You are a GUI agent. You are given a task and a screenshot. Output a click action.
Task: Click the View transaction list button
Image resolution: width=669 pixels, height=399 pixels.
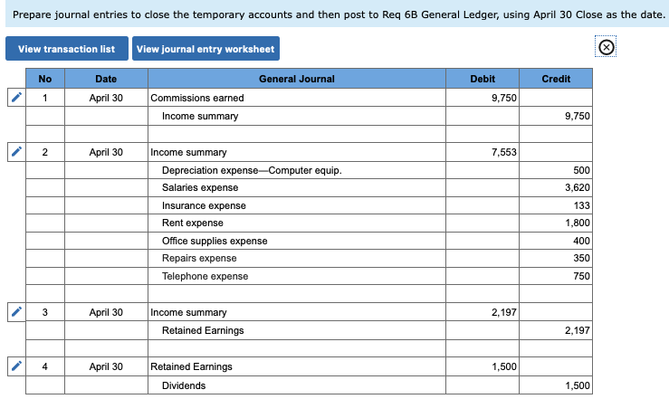click(67, 49)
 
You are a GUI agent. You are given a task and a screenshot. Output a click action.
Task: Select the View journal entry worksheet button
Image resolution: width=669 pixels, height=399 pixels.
click(205, 49)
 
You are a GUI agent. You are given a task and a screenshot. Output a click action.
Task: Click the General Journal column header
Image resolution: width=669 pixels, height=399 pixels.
click(296, 79)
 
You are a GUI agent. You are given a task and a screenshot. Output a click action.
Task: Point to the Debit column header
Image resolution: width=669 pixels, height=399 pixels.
click(483, 79)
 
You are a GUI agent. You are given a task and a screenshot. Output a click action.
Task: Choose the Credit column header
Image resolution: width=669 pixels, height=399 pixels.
click(556, 79)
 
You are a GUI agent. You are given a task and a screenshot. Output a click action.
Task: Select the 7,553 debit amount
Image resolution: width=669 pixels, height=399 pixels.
click(504, 152)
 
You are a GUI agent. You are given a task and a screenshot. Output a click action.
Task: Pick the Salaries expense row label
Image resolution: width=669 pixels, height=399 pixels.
click(200, 187)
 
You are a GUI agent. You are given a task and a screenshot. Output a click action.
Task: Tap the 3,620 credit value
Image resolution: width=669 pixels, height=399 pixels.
click(577, 187)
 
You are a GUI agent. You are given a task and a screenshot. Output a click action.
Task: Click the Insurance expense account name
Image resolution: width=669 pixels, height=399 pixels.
click(204, 205)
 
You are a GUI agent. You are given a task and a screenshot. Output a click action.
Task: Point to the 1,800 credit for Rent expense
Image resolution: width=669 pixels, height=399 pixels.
click(577, 223)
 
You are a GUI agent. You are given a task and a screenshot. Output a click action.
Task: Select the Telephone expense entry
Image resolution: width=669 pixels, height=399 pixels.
click(205, 276)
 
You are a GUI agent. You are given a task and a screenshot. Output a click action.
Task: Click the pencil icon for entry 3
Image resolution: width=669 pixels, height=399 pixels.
click(15, 312)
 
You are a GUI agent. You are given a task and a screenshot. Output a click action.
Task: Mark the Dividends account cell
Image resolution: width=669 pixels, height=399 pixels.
click(184, 385)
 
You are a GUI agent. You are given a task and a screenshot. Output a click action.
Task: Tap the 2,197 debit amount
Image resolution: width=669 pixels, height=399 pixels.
click(504, 312)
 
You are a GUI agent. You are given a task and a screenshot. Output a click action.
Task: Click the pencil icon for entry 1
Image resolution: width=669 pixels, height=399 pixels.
click(15, 98)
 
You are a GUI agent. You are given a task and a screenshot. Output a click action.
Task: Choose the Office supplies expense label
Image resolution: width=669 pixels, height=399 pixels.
click(215, 241)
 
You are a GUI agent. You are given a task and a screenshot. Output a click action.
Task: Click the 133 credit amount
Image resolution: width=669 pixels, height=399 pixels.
click(581, 205)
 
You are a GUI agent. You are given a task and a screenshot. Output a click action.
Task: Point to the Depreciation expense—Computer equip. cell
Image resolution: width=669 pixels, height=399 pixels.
click(252, 170)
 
